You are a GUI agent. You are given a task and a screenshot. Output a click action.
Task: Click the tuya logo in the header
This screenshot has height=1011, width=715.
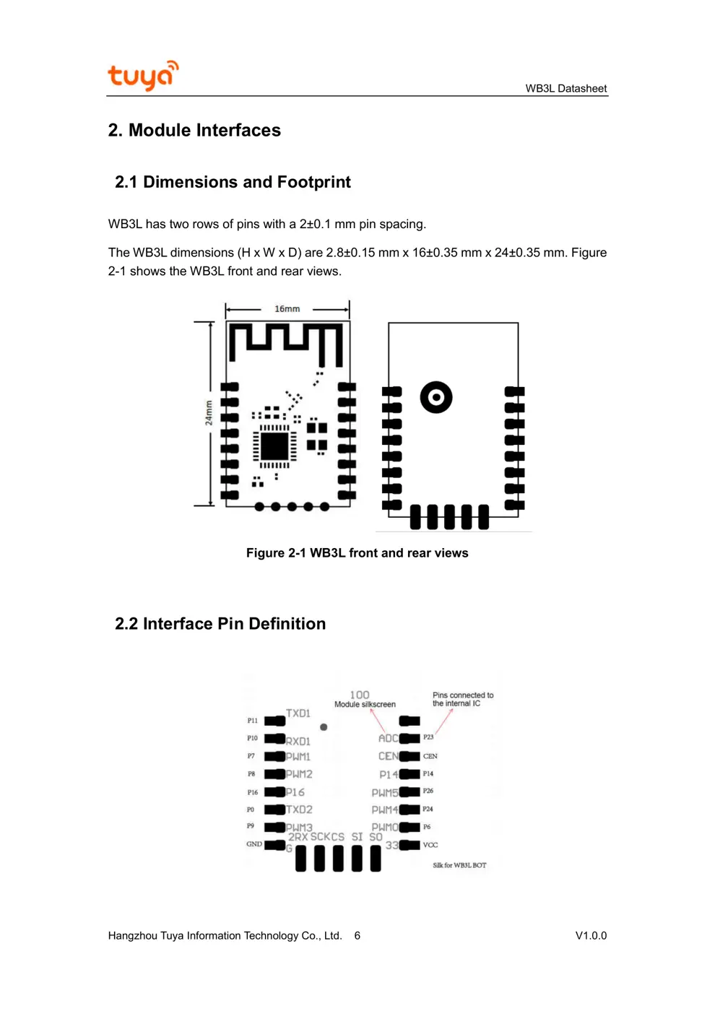142,76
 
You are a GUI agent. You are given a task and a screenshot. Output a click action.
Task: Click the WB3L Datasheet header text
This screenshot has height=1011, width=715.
565,89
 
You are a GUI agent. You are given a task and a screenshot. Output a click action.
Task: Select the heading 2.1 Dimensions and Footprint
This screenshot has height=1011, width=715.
233,182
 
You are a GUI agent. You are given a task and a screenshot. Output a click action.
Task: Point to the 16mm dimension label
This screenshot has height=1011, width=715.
287,309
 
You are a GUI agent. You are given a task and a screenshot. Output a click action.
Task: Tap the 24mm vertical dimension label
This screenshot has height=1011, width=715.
209,413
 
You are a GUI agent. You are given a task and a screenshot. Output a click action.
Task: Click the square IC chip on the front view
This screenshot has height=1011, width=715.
274,446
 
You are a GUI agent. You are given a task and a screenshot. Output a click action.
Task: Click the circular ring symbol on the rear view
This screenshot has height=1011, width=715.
436,397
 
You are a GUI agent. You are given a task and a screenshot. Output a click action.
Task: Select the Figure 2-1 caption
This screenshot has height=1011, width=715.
357,553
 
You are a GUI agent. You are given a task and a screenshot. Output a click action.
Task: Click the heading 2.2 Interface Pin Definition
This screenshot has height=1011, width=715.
220,624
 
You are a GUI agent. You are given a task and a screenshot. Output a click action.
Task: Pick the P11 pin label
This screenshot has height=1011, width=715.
252,721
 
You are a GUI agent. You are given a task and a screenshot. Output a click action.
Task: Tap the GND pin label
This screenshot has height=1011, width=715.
254,844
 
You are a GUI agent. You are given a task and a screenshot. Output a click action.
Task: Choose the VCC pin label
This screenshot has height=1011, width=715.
430,845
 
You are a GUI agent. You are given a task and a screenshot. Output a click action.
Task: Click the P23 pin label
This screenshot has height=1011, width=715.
428,737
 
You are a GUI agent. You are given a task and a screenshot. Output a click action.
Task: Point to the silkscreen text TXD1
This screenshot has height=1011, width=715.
298,713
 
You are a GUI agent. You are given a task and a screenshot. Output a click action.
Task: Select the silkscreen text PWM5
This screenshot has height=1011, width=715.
384,793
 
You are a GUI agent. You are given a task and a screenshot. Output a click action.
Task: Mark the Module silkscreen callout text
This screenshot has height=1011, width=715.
365,705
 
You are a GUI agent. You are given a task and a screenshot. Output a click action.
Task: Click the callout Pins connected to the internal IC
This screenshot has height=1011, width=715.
463,699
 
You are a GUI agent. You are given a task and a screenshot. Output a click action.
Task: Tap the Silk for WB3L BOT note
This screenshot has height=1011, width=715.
459,865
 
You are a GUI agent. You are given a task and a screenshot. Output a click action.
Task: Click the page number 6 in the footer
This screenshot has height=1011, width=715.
357,936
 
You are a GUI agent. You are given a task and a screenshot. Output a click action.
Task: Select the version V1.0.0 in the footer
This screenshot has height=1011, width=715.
591,936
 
